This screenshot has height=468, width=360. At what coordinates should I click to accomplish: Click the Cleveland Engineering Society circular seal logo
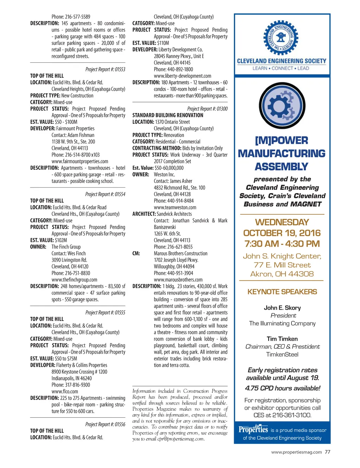(281, 37)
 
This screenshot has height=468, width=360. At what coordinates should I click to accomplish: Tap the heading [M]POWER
(281, 140)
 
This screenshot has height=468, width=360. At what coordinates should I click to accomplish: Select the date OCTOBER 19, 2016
(282, 233)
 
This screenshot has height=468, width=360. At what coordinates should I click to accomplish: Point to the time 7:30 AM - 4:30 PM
(282, 244)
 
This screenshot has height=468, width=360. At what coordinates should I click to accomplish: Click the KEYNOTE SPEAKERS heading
(282, 292)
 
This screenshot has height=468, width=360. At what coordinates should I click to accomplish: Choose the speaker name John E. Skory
(282, 308)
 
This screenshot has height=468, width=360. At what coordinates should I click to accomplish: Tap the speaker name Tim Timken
(282, 339)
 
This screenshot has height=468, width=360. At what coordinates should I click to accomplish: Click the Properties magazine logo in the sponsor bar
(253, 429)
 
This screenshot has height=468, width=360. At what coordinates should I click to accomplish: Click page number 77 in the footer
(327, 452)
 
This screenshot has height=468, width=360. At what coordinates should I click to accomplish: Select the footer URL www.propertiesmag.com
(296, 452)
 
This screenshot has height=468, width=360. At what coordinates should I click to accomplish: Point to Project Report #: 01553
(105, 69)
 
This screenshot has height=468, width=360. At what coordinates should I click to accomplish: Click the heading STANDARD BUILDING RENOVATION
(168, 115)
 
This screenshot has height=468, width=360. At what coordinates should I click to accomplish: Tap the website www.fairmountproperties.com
(80, 162)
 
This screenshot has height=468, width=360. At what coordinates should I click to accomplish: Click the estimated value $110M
(163, 43)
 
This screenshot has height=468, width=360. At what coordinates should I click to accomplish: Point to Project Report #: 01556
(105, 424)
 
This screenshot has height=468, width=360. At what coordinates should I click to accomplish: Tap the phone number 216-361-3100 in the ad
(292, 415)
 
